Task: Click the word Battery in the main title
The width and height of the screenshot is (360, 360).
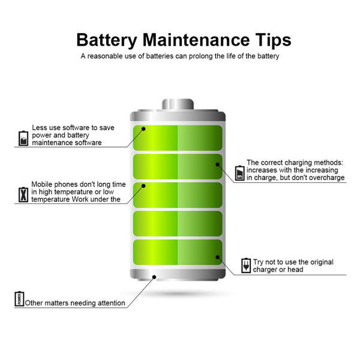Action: point(107,41)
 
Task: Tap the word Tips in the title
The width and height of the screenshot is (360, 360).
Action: point(273,41)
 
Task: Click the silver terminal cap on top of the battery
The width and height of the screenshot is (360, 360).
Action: point(178,104)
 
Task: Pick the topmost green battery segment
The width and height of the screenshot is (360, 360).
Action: point(178,138)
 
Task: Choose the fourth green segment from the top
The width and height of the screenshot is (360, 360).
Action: point(178,224)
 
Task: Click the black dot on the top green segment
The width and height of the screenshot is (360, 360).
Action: point(143,129)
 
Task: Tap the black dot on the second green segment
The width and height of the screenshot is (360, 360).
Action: point(218,164)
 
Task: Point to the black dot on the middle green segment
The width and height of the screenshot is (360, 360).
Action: point(143,186)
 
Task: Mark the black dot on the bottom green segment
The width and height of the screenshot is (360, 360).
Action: point(218,257)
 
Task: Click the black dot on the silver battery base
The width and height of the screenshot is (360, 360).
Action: point(154,277)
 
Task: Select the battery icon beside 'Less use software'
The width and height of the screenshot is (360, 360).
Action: point(23,139)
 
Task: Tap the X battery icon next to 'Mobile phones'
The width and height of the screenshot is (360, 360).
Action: point(23,194)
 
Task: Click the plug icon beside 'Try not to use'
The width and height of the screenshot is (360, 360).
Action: point(246,266)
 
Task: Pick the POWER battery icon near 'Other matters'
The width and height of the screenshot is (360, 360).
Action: point(19,299)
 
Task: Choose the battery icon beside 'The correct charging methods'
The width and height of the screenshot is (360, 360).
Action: point(239,173)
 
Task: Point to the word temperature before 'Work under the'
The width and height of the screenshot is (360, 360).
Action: point(50,200)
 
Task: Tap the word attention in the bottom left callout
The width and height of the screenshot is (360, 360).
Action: point(112,303)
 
